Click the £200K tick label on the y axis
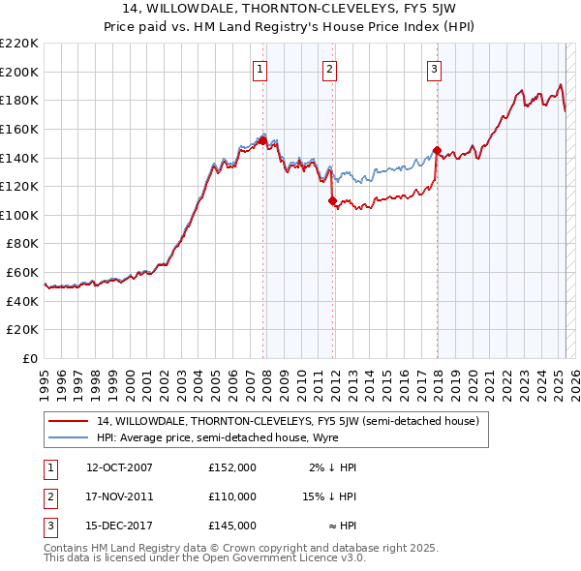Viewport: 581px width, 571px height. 20,72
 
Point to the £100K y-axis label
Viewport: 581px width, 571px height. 20,215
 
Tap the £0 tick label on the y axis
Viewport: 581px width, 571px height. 31,358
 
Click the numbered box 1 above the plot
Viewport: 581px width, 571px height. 261,69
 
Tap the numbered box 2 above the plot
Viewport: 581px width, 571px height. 330,69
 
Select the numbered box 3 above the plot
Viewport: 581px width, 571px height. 435,69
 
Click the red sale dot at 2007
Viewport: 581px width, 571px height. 262,140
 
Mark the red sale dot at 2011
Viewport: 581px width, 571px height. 332,201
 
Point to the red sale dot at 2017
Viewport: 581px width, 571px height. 437,151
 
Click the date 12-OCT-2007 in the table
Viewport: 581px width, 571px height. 119,467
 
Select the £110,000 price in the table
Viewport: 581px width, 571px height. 232,496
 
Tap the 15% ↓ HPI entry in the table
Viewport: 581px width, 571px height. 330,496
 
